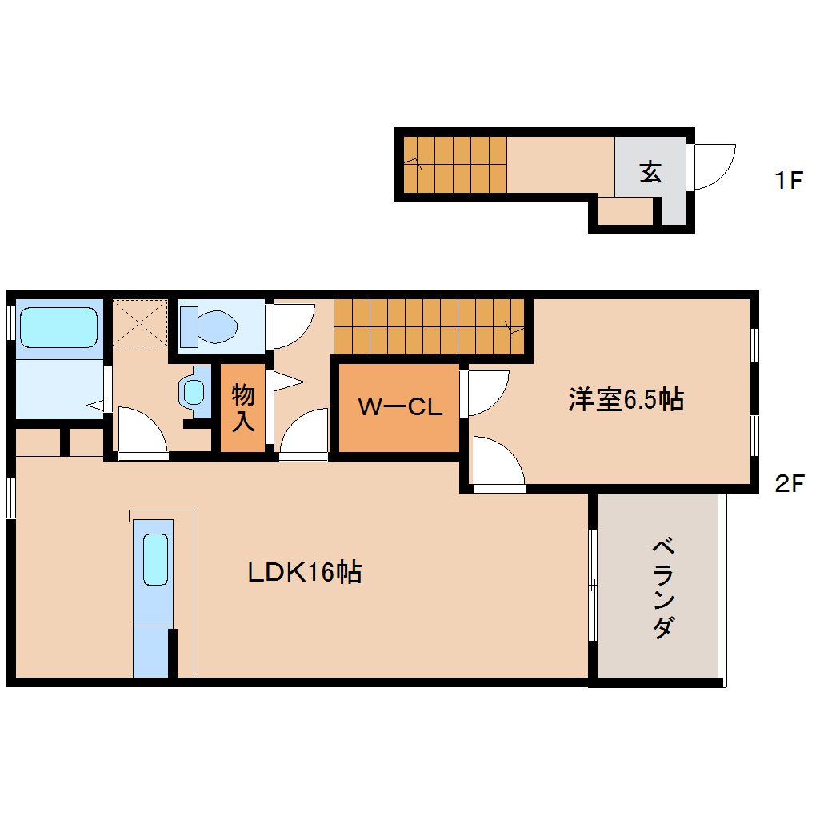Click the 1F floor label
[787, 181]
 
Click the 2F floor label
[789, 483]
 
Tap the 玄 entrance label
[650, 171]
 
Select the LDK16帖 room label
[304, 572]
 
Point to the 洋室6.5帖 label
[626, 399]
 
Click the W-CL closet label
[399, 407]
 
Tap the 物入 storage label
[243, 408]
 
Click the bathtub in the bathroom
[58, 326]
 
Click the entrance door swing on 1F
[714, 166]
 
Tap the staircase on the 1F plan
[454, 165]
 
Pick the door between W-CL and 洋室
[485, 393]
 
